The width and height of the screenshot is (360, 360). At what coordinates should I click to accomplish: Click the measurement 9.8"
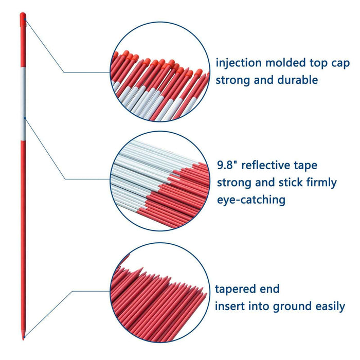[x=228, y=165]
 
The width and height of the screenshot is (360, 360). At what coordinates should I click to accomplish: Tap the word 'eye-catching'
[x=251, y=200]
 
